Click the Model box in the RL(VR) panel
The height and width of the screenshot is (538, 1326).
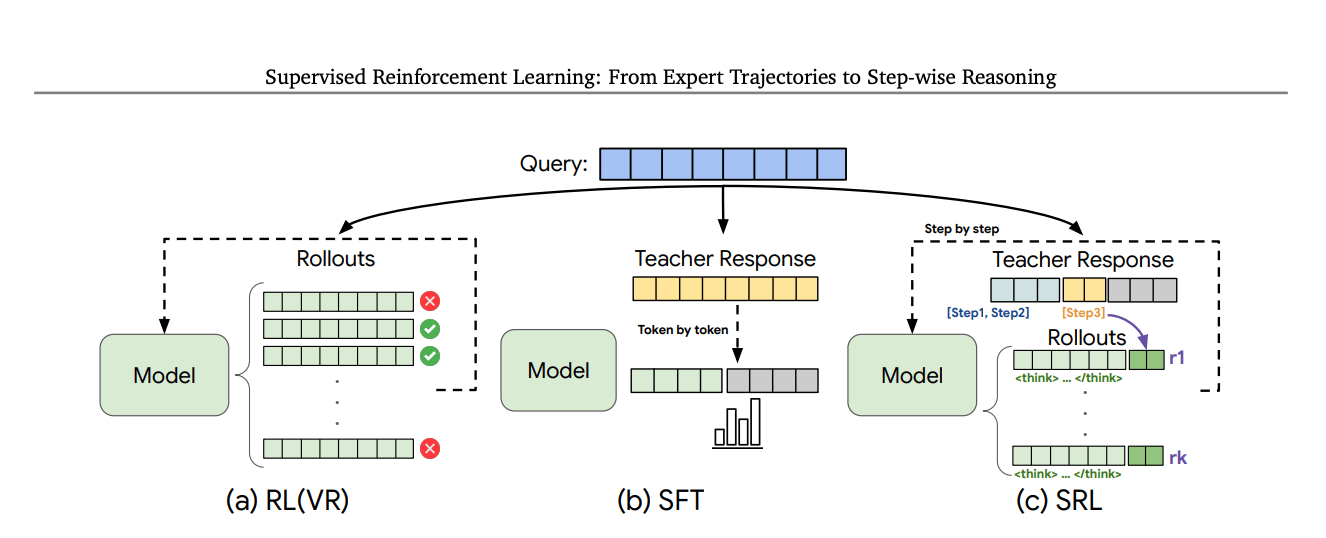164,376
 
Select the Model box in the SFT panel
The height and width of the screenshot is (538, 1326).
558,370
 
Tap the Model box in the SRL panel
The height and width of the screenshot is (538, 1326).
911,375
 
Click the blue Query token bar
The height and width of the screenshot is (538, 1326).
722,164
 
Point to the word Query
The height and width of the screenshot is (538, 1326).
553,164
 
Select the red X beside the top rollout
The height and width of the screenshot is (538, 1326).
431,301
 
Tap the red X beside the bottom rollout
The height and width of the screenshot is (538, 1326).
431,449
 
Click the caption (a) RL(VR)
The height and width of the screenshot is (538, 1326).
288,501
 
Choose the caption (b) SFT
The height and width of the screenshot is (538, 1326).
660,501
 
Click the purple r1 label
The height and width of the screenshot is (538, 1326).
1177,357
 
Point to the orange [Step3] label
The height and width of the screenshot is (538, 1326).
1083,313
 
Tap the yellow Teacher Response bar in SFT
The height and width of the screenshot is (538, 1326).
725,290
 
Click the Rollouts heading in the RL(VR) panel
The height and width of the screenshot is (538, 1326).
336,259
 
